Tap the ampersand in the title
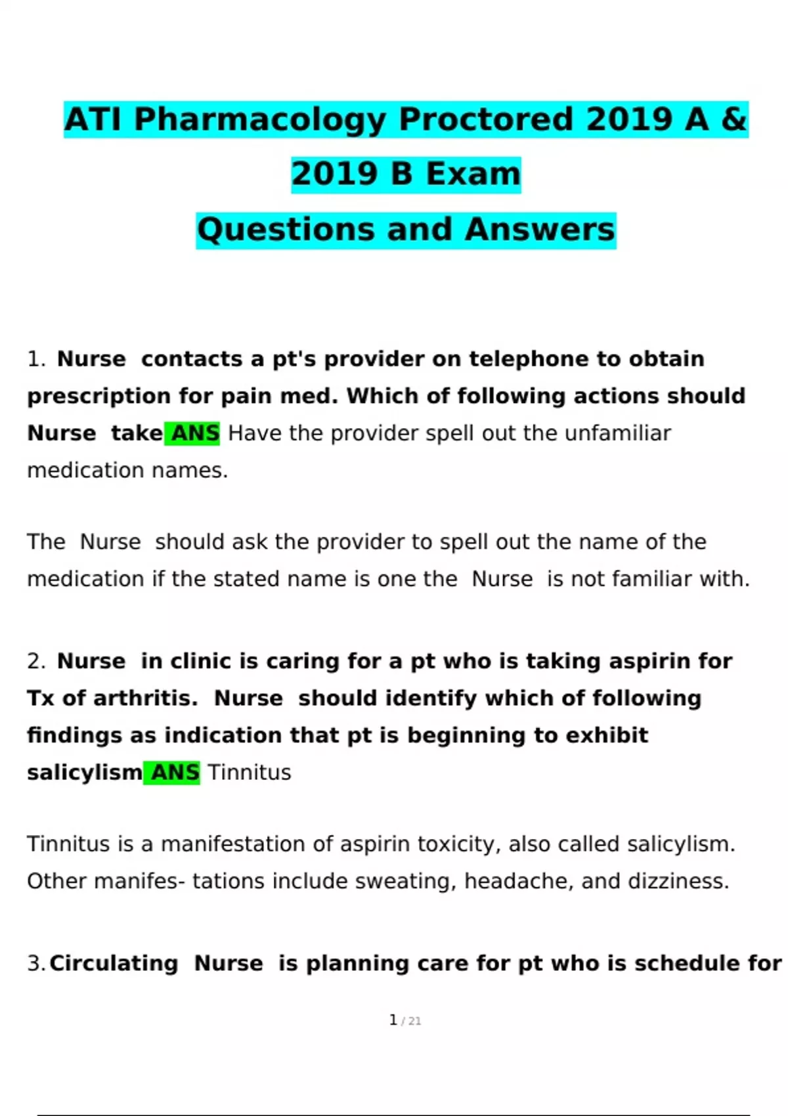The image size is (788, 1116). [734, 119]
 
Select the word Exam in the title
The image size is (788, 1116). [473, 175]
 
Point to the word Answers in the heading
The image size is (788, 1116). [540, 230]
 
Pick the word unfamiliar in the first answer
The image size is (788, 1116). [617, 433]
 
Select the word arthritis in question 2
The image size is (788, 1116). [144, 698]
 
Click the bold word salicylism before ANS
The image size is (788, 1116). [84, 772]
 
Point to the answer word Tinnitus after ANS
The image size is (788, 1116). [250, 772]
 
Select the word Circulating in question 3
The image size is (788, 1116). [114, 963]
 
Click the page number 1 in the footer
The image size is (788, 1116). [393, 1020]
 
